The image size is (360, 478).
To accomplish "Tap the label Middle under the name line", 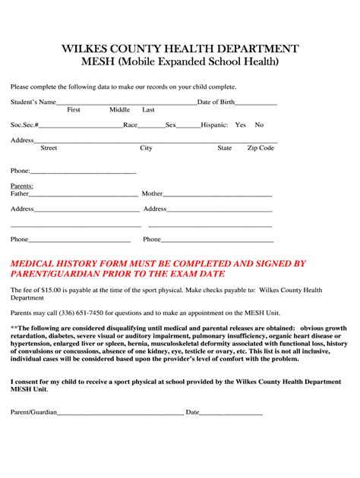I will click(x=119, y=110).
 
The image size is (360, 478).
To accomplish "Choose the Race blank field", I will click(x=151, y=126).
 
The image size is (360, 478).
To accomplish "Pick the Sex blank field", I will click(x=188, y=126).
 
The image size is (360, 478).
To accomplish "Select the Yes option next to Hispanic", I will click(x=241, y=124).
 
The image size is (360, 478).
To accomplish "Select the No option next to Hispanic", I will click(x=259, y=124).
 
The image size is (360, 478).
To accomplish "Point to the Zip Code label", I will click(x=261, y=148).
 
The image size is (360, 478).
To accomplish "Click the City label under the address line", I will click(x=146, y=148).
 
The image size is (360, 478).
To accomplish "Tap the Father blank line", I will click(x=83, y=195).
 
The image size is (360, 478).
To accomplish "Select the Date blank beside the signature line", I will click(x=231, y=414).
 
